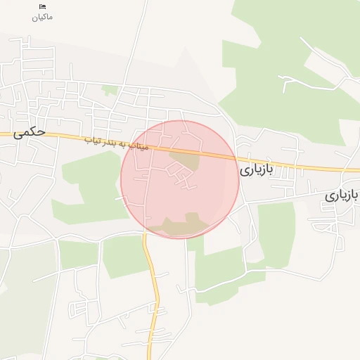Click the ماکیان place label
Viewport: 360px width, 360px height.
42,16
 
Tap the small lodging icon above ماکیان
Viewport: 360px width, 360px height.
42,6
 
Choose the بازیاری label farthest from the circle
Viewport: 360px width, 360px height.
342,194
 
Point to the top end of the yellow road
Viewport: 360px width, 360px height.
145,236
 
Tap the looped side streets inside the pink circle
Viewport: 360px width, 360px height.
184,181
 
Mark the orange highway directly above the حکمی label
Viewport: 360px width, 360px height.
28,134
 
